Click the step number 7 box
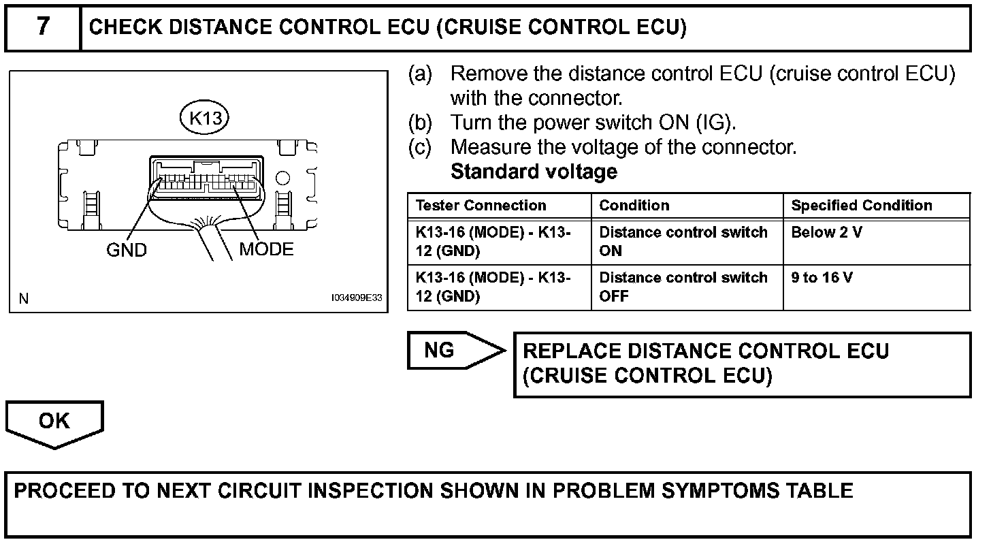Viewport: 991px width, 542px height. [x=43, y=27]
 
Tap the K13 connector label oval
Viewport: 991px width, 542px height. [x=205, y=118]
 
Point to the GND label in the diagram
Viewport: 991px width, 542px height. [x=127, y=251]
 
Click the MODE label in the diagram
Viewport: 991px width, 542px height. [x=266, y=249]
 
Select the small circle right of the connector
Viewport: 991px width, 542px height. [x=282, y=179]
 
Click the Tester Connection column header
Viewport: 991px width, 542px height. [x=481, y=206]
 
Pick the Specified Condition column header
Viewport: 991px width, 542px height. [x=862, y=206]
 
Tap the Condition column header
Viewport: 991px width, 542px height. [x=634, y=206]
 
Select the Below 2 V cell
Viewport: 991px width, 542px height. [x=826, y=232]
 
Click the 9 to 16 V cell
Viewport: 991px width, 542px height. [x=822, y=278]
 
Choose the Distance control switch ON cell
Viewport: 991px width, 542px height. [x=683, y=241]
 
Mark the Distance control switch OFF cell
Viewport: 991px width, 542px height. [x=683, y=287]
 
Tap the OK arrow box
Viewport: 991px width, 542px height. [x=54, y=422]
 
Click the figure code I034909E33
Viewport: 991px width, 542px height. [x=357, y=298]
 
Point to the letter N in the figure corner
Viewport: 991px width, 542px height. [x=25, y=298]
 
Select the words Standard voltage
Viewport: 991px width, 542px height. [x=534, y=172]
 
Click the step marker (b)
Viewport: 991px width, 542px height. [x=420, y=123]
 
